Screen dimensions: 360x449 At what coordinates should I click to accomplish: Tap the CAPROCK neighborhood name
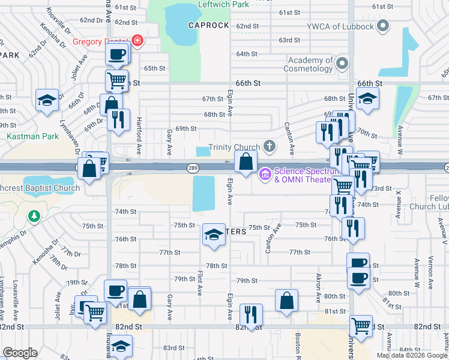pyautogui.click(x=208, y=25)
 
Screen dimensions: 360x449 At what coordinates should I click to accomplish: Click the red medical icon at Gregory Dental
pyautogui.click(x=137, y=41)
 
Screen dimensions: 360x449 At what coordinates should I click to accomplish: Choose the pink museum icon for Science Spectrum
pyautogui.click(x=265, y=175)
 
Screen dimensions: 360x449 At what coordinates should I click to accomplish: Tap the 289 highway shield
pyautogui.click(x=192, y=168)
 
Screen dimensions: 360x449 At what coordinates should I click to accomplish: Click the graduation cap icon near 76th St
pyautogui.click(x=214, y=235)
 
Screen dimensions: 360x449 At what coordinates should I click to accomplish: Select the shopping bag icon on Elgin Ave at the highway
pyautogui.click(x=246, y=161)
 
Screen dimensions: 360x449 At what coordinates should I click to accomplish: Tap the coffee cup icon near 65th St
pyautogui.click(x=117, y=54)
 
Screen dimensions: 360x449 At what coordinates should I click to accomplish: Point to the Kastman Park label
pyautogui.click(x=33, y=136)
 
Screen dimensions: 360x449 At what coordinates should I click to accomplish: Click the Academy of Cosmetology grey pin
pyautogui.click(x=342, y=63)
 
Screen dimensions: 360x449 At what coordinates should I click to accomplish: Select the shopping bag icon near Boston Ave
pyautogui.click(x=287, y=300)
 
